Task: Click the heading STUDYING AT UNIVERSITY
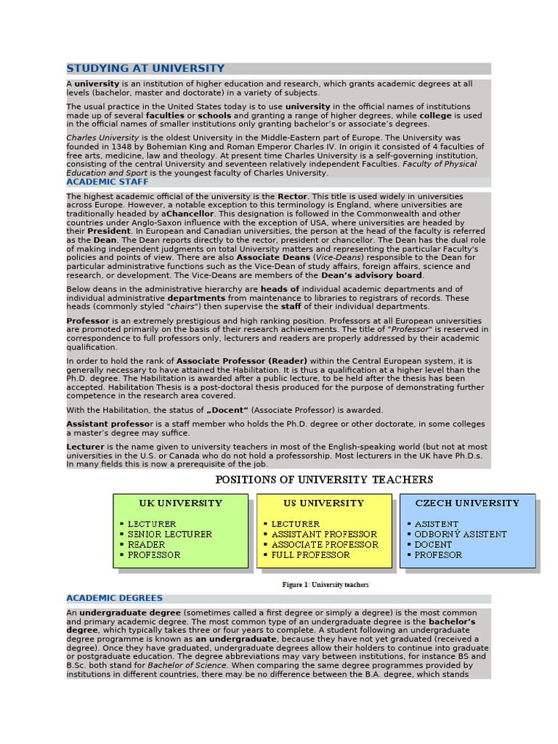tap(145, 68)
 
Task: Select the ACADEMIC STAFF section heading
tap(107, 182)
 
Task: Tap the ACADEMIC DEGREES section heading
tap(114, 598)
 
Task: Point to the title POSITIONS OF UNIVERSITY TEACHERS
tap(324, 480)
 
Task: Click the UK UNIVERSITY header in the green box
tap(180, 503)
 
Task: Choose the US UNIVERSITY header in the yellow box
tap(323, 503)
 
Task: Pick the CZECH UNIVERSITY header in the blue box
tap(467, 503)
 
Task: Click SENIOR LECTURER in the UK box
tap(169, 534)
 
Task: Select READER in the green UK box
tap(146, 544)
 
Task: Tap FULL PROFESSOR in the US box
tap(310, 554)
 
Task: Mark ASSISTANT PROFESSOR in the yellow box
tap(324, 534)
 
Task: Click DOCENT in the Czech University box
tap(432, 544)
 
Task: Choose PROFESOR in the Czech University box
tap(438, 554)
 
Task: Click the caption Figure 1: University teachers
tap(325, 585)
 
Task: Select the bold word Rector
tap(293, 196)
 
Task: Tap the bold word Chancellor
tap(190, 214)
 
